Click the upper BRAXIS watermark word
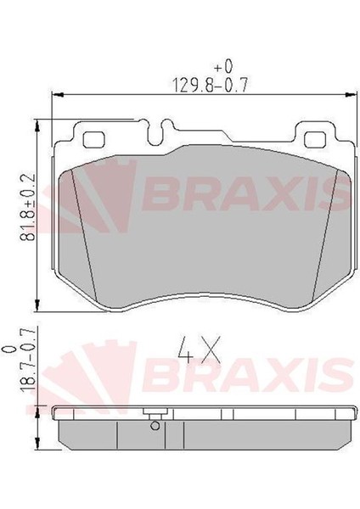pyautogui.click(x=246, y=195)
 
